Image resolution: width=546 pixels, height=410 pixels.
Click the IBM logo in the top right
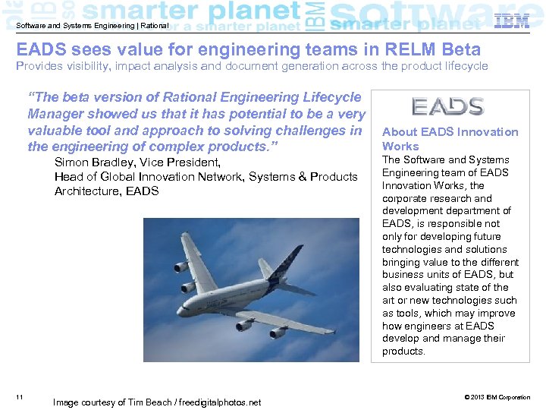coord(511,21)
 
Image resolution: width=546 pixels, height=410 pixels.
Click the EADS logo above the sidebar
coord(447,106)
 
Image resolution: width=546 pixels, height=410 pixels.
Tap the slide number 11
coord(19,397)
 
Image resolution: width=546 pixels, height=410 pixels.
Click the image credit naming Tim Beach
coord(156,402)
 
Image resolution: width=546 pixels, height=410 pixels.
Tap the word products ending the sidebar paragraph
coord(404,351)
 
